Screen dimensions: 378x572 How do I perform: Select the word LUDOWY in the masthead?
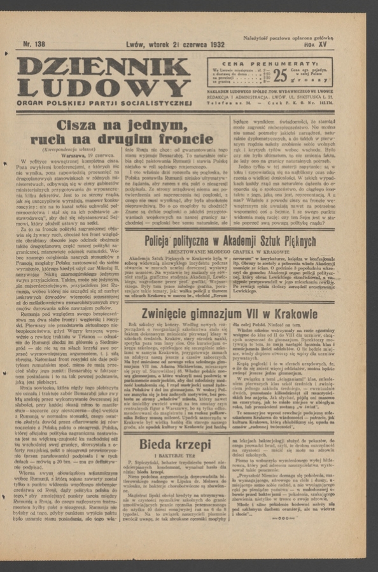[104, 88]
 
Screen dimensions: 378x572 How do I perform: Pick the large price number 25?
[280, 76]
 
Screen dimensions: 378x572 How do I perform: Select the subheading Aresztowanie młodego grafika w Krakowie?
[230, 252]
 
